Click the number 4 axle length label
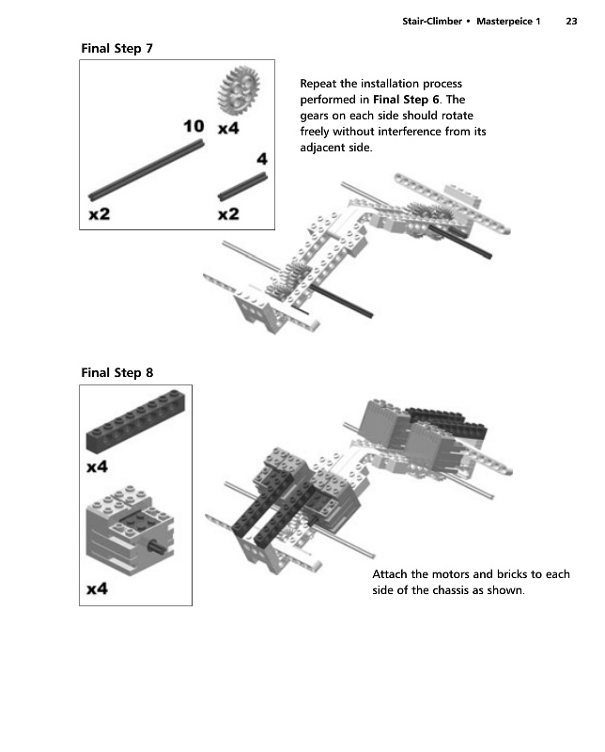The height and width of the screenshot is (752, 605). coord(262,160)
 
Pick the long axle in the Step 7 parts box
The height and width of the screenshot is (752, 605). coord(146,169)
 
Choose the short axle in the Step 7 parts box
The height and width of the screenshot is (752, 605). coord(242,186)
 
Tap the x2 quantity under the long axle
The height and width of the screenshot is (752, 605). coord(99,214)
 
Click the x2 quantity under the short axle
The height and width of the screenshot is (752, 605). coord(227,214)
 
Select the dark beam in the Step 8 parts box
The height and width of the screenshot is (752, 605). coord(135,425)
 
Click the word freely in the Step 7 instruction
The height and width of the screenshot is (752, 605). coord(317,132)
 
